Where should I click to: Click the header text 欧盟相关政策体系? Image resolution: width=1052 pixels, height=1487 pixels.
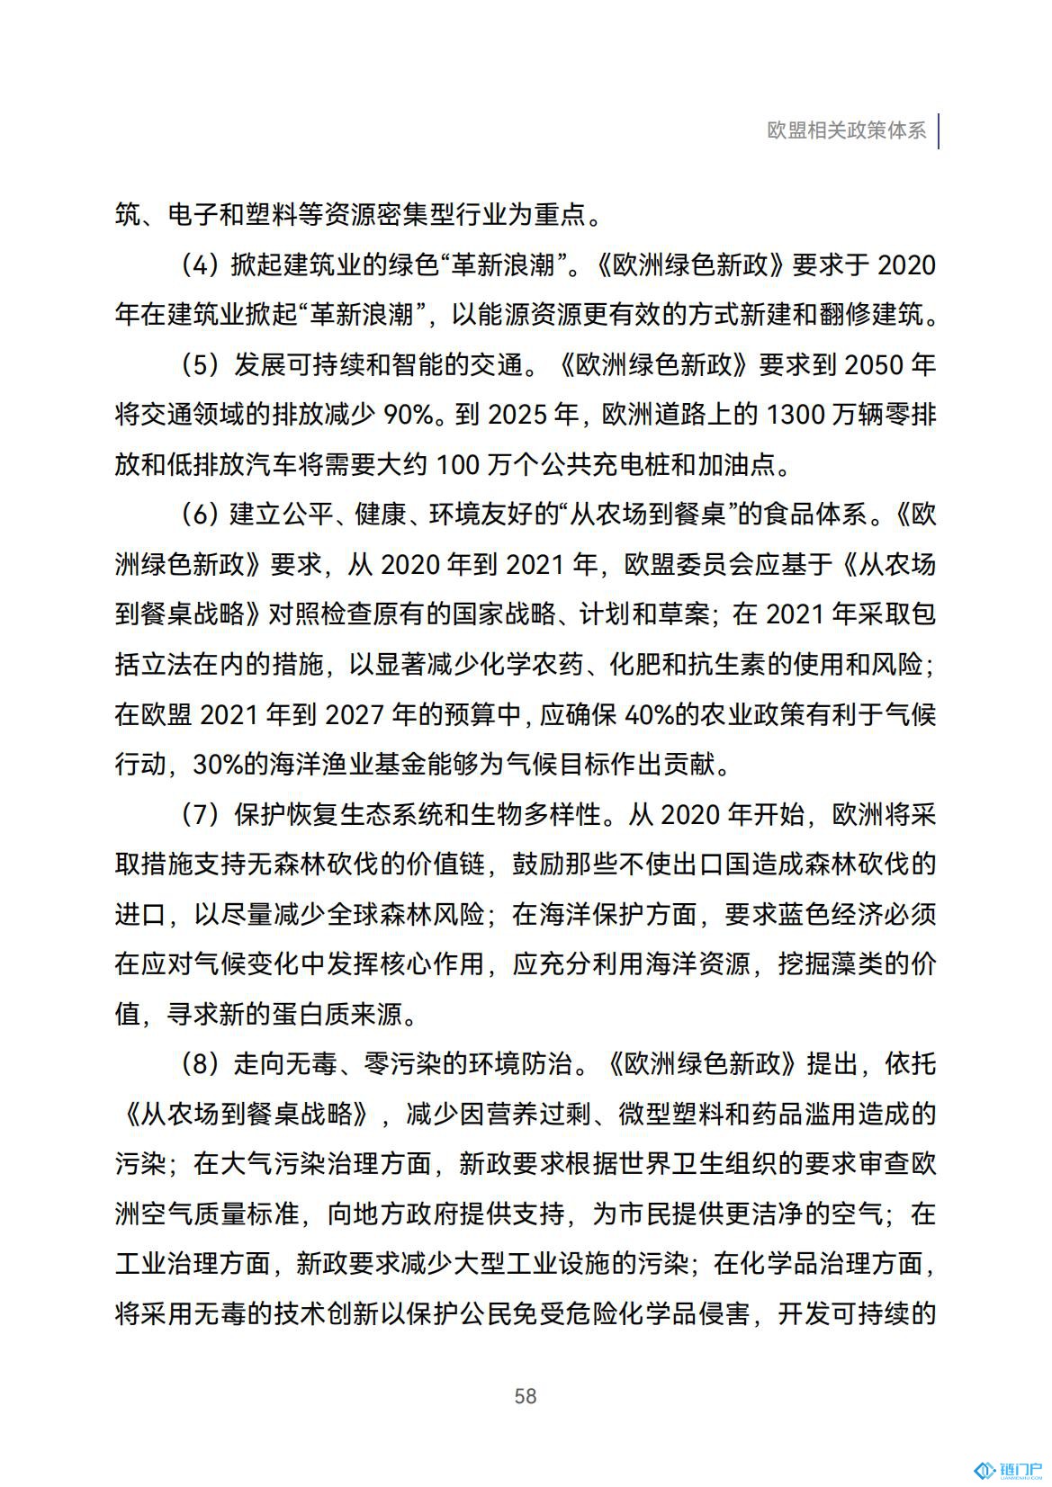click(x=846, y=130)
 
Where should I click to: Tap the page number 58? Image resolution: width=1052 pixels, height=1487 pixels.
click(x=526, y=1395)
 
